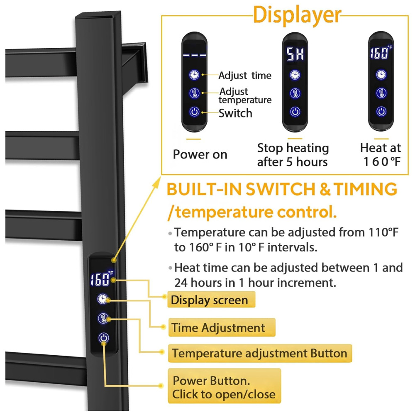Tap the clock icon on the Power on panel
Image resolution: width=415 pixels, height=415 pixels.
coord(194,75)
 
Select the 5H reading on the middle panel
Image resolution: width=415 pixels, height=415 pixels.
coord(295,54)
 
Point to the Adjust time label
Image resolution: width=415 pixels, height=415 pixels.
coord(245,76)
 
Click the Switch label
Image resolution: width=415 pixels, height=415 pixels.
coord(235,113)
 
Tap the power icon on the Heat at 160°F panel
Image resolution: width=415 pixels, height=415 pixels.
coord(381,111)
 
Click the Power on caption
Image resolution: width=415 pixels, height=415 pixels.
coord(200,154)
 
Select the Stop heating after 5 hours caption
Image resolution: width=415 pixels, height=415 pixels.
coord(293,154)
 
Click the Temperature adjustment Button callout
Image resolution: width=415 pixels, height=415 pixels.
coord(260,353)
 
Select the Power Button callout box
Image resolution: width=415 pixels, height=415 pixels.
coord(224,387)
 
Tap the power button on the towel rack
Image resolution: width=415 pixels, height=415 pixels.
coord(103,338)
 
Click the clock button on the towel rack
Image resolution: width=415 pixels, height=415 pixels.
coord(103,298)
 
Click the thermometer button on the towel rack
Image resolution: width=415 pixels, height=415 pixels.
coord(103,318)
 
